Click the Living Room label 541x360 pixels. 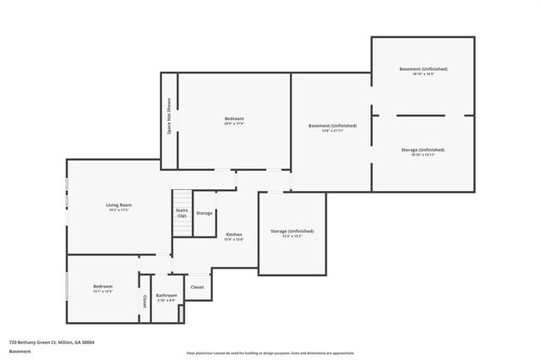[x=118, y=205]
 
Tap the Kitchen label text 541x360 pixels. [x=234, y=234]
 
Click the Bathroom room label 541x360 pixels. [x=167, y=295]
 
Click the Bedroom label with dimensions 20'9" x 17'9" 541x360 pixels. [x=234, y=119]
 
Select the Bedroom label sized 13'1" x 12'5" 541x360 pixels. [x=103, y=286]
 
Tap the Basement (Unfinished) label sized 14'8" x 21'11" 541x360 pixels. [x=332, y=125]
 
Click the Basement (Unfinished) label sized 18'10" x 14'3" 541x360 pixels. [x=424, y=68]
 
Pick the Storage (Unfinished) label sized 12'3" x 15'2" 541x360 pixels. [x=292, y=231]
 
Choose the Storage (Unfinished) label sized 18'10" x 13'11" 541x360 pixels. [x=423, y=150]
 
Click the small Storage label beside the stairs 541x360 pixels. [x=205, y=213]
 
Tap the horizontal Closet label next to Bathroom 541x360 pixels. [x=197, y=287]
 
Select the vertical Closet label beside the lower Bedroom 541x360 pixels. [x=145, y=301]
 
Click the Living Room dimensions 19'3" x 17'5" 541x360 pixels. [x=118, y=210]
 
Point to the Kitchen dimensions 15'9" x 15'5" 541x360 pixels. [x=234, y=240]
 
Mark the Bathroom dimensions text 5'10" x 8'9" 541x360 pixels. [x=167, y=300]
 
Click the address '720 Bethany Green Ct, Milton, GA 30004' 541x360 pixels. [x=52, y=342]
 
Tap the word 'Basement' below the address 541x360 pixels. [x=20, y=351]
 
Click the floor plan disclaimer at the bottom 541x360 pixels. [x=270, y=353]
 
